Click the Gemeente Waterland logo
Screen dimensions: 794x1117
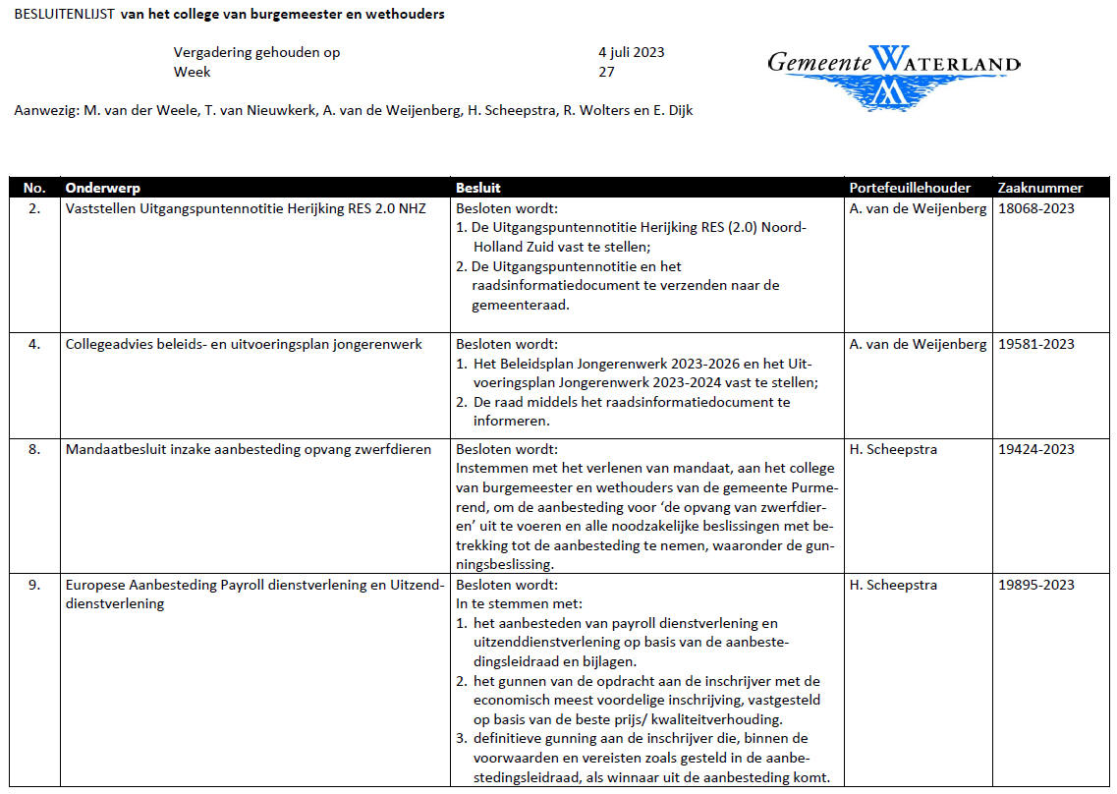pyautogui.click(x=893, y=75)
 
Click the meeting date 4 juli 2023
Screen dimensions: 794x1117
pyautogui.click(x=631, y=52)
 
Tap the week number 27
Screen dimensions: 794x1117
pyautogui.click(x=606, y=72)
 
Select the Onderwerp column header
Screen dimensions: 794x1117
pyautogui.click(x=103, y=188)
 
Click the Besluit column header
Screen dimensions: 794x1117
pyautogui.click(x=478, y=188)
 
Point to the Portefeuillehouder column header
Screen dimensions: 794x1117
pyautogui.click(x=910, y=188)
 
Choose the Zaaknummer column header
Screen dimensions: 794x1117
pyautogui.click(x=1039, y=188)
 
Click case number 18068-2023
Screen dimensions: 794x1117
pyautogui.click(x=1035, y=208)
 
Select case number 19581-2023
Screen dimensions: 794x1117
pyautogui.click(x=1035, y=344)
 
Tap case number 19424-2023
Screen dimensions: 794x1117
pyautogui.click(x=1035, y=449)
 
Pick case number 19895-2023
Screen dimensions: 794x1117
pyautogui.click(x=1035, y=585)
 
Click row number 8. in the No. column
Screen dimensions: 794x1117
pyautogui.click(x=34, y=449)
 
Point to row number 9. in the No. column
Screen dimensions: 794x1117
pyautogui.click(x=34, y=585)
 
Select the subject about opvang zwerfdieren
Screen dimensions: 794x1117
pyautogui.click(x=248, y=449)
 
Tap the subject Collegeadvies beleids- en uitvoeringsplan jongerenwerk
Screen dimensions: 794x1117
pyautogui.click(x=244, y=344)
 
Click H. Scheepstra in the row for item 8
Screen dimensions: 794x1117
pyautogui.click(x=893, y=449)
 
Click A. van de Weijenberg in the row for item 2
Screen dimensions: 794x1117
pyautogui.click(x=918, y=208)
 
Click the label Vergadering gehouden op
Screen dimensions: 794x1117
pyautogui.click(x=256, y=52)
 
